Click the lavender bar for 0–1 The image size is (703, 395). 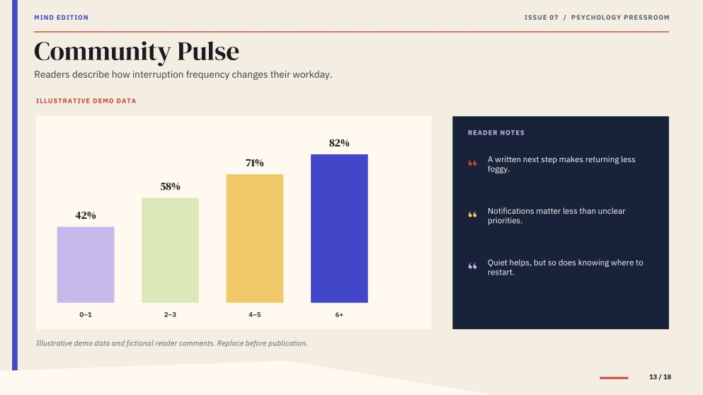pos(86,265)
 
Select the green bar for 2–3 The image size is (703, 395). pos(171,250)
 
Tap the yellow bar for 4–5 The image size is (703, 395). pos(255,239)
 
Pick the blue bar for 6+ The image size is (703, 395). pos(339,229)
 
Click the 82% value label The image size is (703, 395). pos(339,143)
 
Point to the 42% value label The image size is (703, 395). pos(86,216)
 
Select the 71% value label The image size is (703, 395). pos(255,163)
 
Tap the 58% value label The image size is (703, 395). pos(171,186)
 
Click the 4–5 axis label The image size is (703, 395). pos(255,315)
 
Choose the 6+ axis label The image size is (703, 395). pos(339,315)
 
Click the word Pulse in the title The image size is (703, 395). pos(208,52)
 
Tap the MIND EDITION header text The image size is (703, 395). pos(62,18)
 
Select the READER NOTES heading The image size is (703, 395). pos(496,132)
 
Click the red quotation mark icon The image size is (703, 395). pos(472,163)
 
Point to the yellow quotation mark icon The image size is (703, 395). pos(472,214)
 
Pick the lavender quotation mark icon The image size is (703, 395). pos(472,266)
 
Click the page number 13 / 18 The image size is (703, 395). pos(660,377)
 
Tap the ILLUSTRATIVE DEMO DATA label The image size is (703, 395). pos(86,101)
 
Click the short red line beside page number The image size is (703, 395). pos(614,378)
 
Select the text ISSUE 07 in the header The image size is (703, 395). pos(541,18)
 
